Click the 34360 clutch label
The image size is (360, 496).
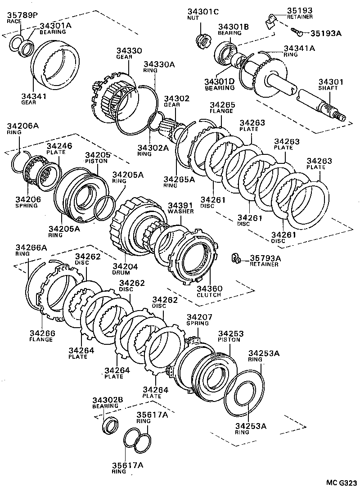(x=209, y=291)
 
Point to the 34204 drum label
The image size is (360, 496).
(x=125, y=269)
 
